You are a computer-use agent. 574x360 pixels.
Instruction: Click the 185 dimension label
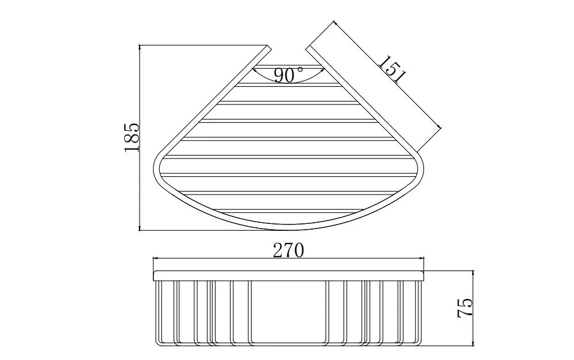click(132, 137)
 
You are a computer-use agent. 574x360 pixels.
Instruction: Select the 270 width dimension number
click(288, 250)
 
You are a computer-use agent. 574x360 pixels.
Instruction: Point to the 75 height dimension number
click(465, 308)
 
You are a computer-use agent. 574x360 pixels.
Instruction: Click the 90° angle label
click(288, 75)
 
